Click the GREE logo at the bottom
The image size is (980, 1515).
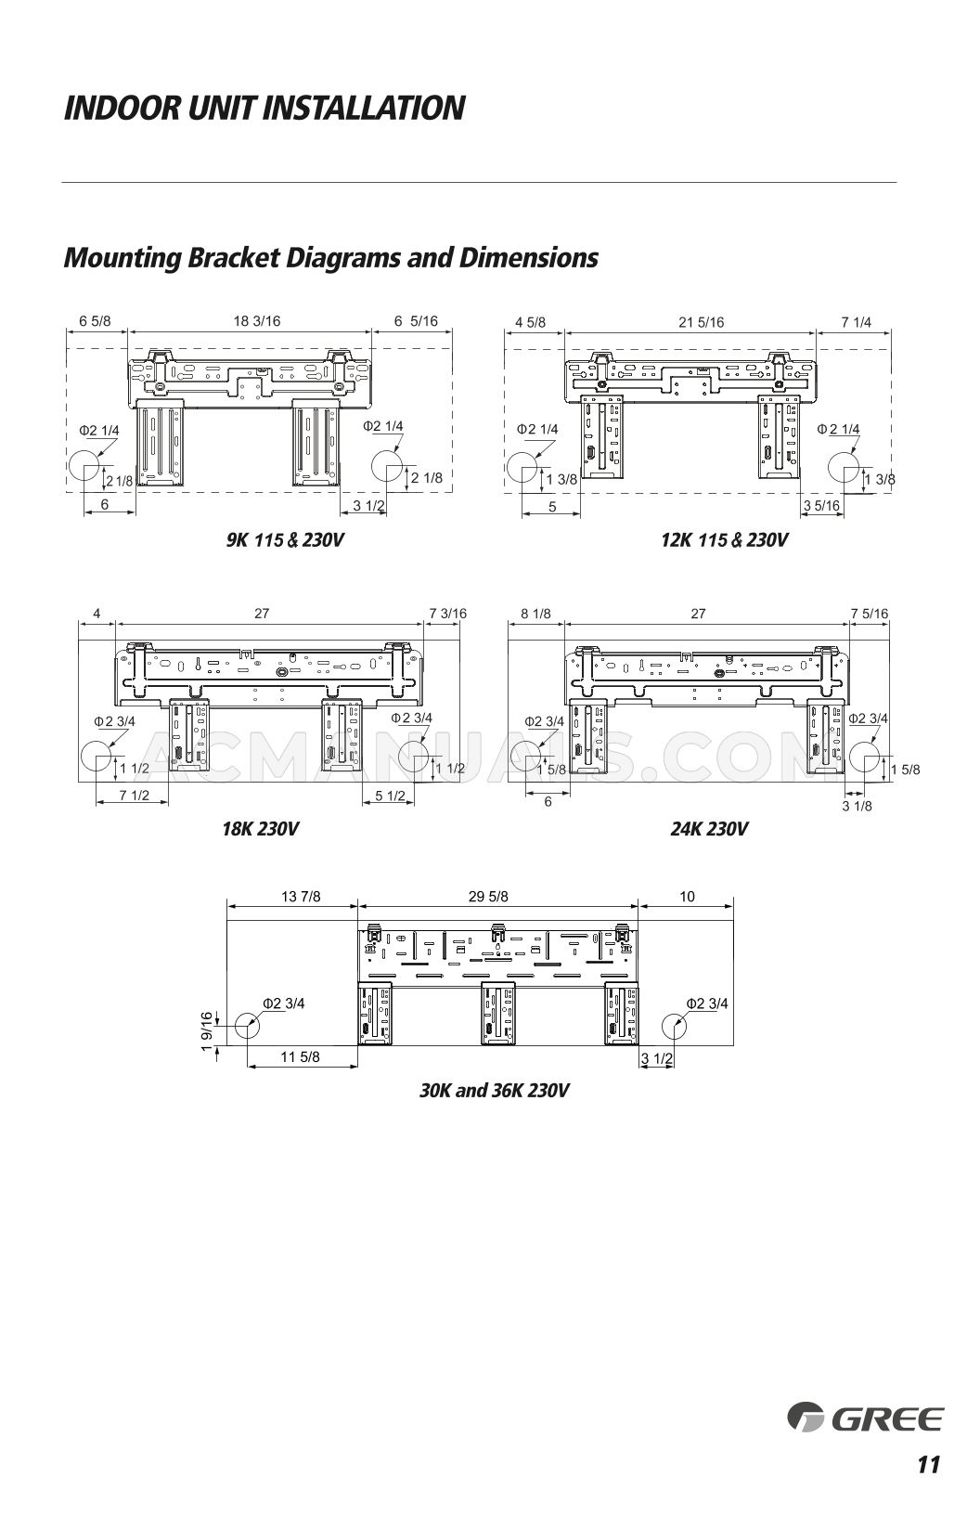pyautogui.click(x=865, y=1418)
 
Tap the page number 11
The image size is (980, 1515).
pyautogui.click(x=928, y=1465)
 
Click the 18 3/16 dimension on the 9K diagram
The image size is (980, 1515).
pyautogui.click(x=257, y=321)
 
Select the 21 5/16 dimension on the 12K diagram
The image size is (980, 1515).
pyautogui.click(x=701, y=322)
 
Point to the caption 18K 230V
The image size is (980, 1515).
pyautogui.click(x=260, y=828)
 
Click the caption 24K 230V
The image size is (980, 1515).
pyautogui.click(x=709, y=828)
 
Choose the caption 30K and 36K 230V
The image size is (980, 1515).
pyautogui.click(x=494, y=1090)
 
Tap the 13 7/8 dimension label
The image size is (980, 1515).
pyautogui.click(x=301, y=896)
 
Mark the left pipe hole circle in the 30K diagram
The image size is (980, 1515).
pyautogui.click(x=247, y=1027)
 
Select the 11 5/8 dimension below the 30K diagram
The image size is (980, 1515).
pyautogui.click(x=300, y=1056)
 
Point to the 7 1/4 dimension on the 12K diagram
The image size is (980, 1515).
pyautogui.click(x=856, y=322)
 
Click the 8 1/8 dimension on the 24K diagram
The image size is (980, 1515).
pyautogui.click(x=535, y=613)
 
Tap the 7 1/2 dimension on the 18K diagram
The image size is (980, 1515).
pyautogui.click(x=135, y=796)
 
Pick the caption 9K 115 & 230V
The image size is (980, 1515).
pyautogui.click(x=285, y=539)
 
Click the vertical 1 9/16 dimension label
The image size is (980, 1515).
pyautogui.click(x=207, y=1032)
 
